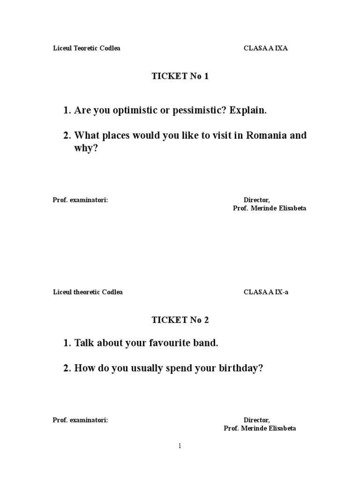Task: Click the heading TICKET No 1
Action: tap(180, 76)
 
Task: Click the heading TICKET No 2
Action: tap(180, 320)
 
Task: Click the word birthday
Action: tap(240, 368)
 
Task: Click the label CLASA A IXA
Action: tap(265, 48)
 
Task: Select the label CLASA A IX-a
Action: tap(266, 292)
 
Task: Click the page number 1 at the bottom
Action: tap(180, 446)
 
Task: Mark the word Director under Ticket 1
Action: tap(256, 200)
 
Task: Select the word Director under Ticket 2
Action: tap(256, 420)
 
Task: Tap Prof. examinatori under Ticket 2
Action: tap(80, 420)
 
